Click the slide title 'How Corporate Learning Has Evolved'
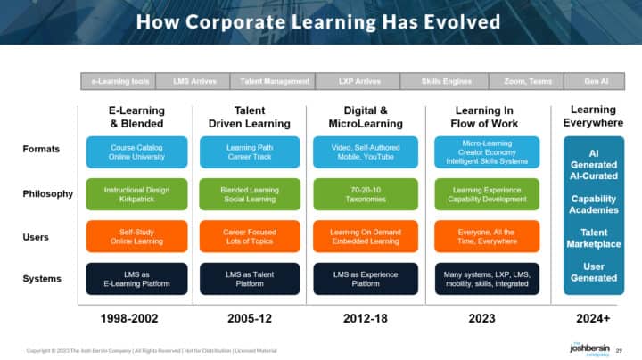(320, 21)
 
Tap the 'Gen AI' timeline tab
(597, 81)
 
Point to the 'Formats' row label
(41, 150)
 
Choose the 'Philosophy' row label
(48, 193)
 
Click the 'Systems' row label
(41, 280)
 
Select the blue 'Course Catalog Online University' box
(136, 151)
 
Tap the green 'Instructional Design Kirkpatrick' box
(136, 194)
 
